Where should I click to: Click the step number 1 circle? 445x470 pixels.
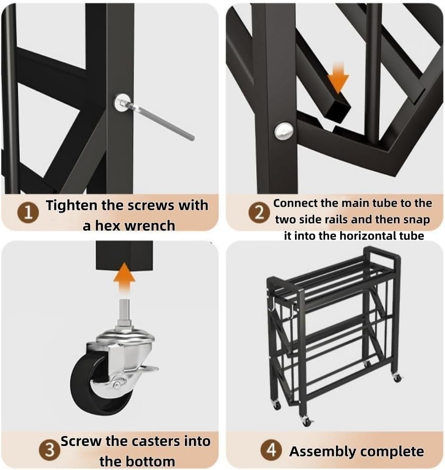click(28, 213)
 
